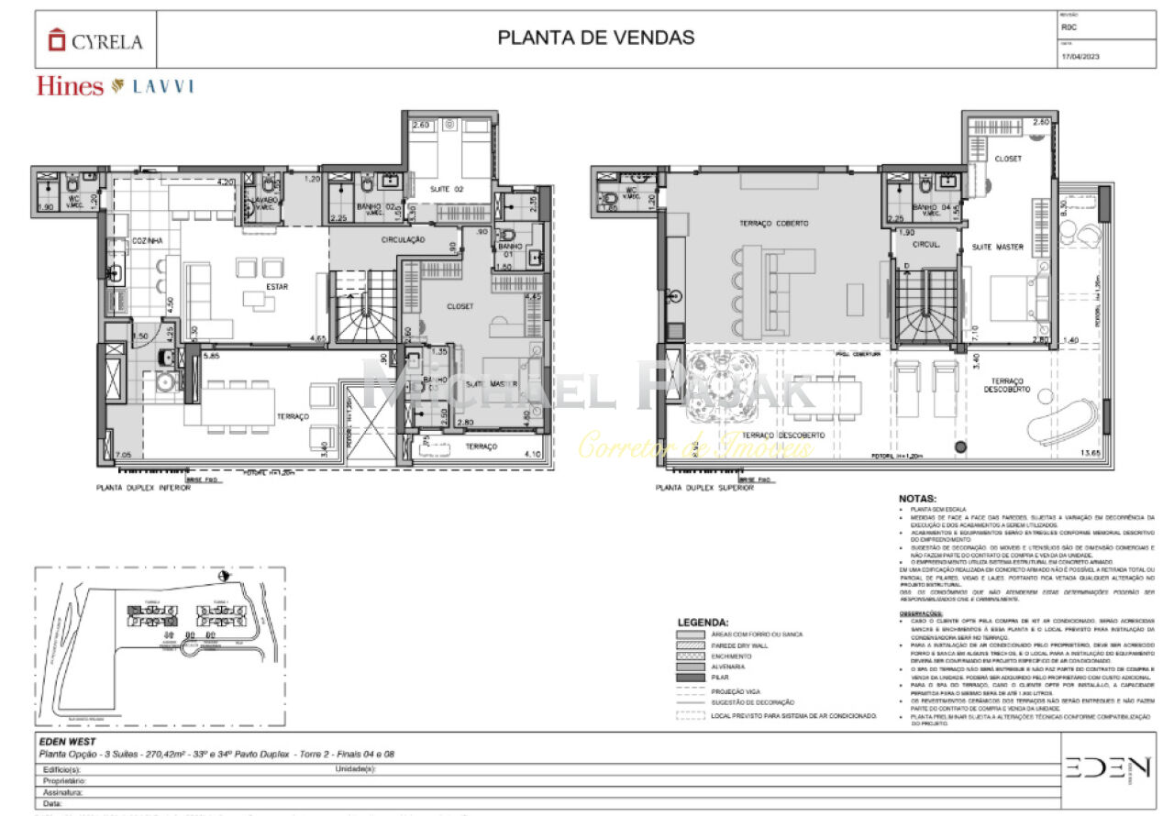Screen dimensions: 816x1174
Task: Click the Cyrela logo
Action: point(95,40)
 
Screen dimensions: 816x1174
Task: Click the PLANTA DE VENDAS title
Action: point(595,38)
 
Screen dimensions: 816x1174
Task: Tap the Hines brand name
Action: point(70,86)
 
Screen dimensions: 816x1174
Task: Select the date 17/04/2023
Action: point(1080,57)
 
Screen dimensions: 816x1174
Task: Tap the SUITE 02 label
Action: point(447,189)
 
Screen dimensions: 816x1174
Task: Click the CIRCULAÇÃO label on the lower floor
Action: point(404,239)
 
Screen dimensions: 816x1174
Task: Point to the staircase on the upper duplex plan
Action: point(926,308)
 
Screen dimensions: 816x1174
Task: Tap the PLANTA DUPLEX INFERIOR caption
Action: point(143,489)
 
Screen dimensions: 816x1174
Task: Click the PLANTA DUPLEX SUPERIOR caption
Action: point(704,489)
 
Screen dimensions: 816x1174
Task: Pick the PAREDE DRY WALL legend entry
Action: point(739,645)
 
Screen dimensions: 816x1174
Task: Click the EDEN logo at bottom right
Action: point(1107,767)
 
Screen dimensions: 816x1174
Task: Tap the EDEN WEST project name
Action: point(68,741)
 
